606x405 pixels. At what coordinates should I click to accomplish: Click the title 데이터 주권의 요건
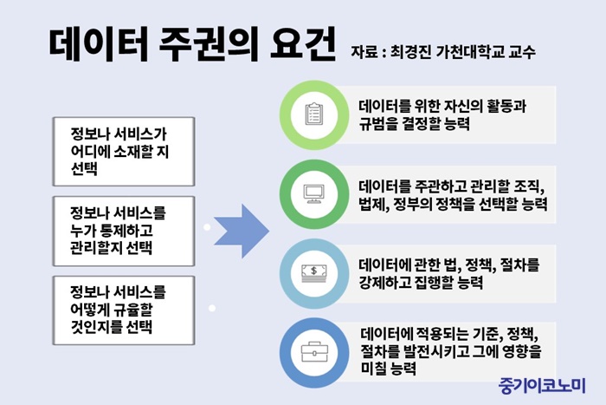pyautogui.click(x=192, y=44)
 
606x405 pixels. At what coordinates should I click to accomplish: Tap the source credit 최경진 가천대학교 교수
pyautogui.click(x=462, y=52)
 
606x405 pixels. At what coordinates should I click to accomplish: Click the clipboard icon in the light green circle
pyautogui.click(x=313, y=114)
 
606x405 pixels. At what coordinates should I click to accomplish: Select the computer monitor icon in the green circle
pyautogui.click(x=313, y=194)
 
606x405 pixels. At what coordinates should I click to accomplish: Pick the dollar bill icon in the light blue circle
pyautogui.click(x=313, y=273)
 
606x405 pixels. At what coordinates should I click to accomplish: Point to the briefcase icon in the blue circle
pyautogui.click(x=313, y=352)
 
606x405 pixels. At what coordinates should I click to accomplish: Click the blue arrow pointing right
pyautogui.click(x=242, y=232)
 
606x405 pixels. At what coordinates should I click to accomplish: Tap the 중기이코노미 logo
pyautogui.click(x=542, y=386)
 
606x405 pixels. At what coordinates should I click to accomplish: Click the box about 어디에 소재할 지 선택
pyautogui.click(x=124, y=152)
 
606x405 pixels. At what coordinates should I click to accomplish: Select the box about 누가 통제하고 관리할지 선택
pyautogui.click(x=124, y=232)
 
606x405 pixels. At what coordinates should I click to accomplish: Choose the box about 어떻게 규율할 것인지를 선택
pyautogui.click(x=124, y=310)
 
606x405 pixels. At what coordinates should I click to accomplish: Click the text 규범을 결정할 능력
pyautogui.click(x=414, y=124)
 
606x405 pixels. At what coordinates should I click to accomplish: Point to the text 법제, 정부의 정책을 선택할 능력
pyautogui.click(x=453, y=204)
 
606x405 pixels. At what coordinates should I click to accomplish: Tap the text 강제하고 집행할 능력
pyautogui.click(x=421, y=282)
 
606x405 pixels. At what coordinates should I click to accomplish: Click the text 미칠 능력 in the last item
pyautogui.click(x=388, y=368)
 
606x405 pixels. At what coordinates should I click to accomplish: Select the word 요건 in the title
pyautogui.click(x=303, y=44)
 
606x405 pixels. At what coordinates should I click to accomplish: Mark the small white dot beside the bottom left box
pyautogui.click(x=212, y=308)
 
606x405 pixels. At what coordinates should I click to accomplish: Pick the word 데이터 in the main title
pyautogui.click(x=99, y=44)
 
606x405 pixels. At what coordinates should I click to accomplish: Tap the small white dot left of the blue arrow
pyautogui.click(x=207, y=227)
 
